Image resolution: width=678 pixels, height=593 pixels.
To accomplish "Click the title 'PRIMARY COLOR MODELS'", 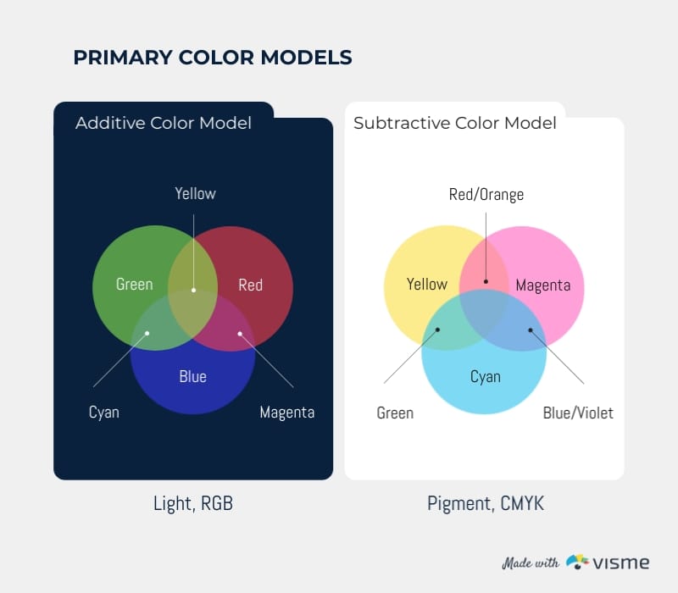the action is (213, 58).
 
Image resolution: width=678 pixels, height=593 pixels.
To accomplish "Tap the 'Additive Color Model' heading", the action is (164, 123).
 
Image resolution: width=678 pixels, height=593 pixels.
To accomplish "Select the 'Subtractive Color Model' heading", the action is (455, 123).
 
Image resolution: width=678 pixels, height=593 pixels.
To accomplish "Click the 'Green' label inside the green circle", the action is (135, 285).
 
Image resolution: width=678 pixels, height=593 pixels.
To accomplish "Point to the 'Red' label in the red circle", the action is (250, 285).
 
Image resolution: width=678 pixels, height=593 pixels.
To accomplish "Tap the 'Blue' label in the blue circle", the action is (193, 376).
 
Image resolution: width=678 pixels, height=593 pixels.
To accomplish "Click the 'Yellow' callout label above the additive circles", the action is (196, 194).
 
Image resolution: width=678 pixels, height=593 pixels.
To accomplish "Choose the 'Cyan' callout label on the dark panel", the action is (103, 413).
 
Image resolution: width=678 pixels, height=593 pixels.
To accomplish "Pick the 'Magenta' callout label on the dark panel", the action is (287, 413).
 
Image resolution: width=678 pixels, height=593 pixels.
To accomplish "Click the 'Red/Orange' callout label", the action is (486, 195).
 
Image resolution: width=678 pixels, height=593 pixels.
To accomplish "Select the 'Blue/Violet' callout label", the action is (578, 413).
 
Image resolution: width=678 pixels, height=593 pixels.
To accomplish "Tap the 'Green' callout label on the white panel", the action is (395, 413).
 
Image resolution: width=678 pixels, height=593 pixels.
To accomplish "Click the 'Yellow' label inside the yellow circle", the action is (427, 285).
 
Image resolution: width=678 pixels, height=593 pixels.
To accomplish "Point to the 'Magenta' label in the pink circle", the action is (543, 285).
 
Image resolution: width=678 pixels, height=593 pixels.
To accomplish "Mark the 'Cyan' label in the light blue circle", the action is (486, 377).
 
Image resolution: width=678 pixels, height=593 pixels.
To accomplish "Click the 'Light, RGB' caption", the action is (193, 503).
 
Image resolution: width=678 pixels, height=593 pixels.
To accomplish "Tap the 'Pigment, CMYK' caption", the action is (486, 503).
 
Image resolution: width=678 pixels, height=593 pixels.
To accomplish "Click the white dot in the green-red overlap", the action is (194, 291).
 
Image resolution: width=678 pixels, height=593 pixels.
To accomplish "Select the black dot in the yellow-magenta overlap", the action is (486, 281).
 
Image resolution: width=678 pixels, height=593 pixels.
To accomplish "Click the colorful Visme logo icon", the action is (578, 562).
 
